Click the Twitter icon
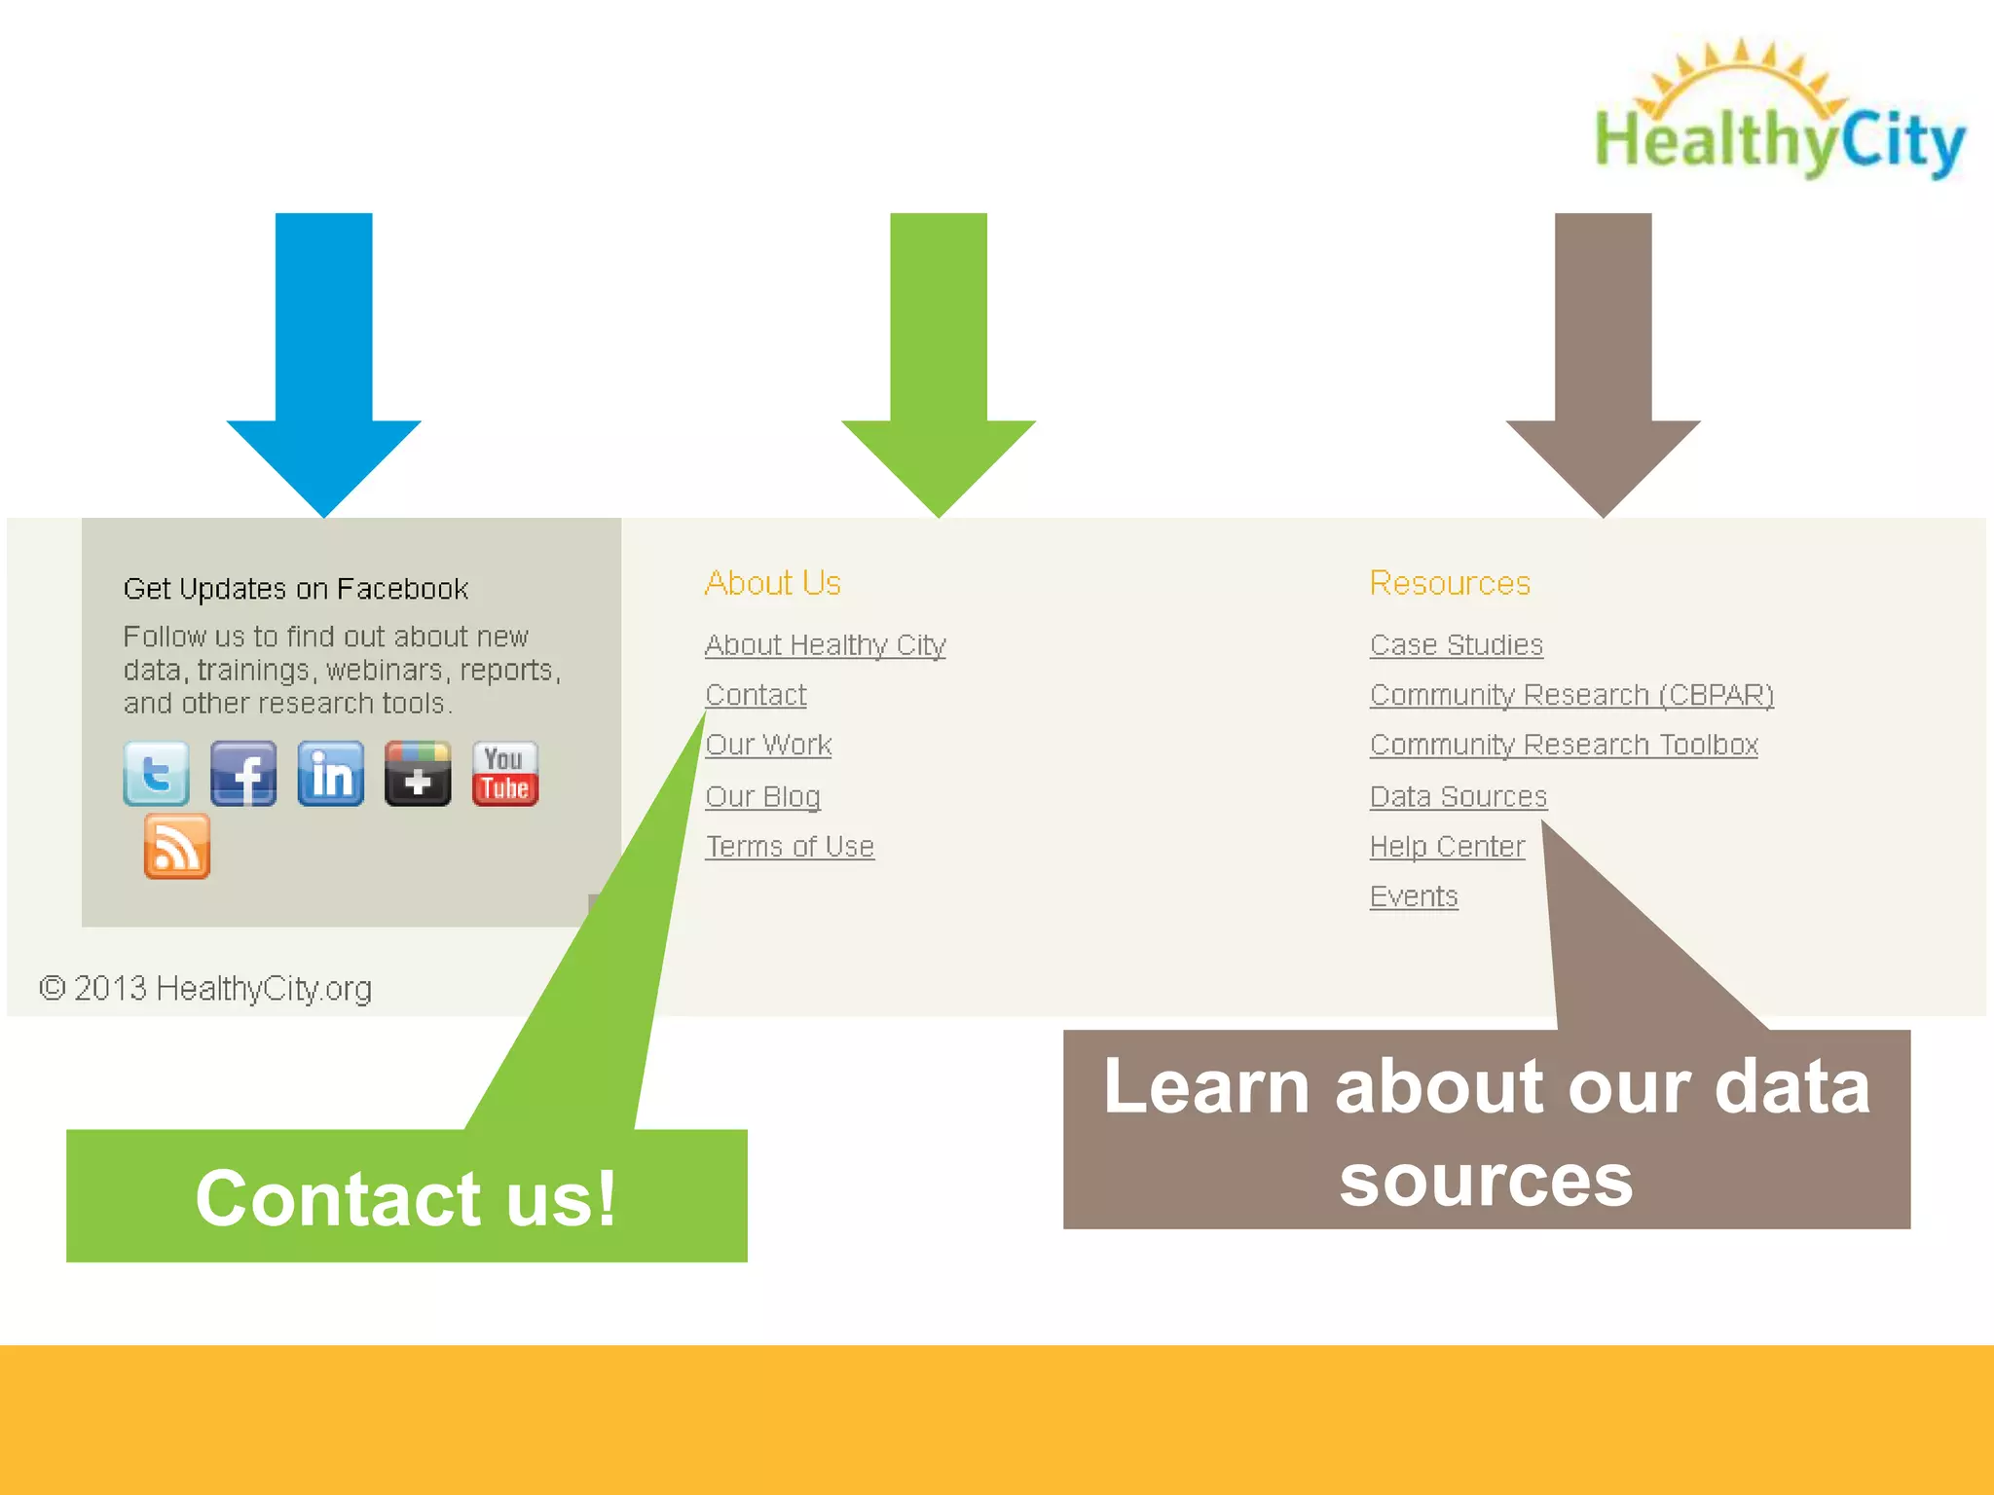point(156,774)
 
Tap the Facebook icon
point(243,774)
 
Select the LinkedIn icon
point(331,774)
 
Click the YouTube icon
point(505,774)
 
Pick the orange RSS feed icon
point(177,847)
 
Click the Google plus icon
point(418,774)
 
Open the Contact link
point(756,695)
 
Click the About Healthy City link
point(825,645)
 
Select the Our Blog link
point(762,796)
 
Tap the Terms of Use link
point(790,847)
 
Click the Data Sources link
point(1458,796)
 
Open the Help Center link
point(1447,847)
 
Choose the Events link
point(1414,896)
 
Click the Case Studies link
point(1456,645)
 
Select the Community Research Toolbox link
point(1564,745)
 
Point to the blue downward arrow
point(323,360)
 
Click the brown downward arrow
point(1603,360)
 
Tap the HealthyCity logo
point(1778,112)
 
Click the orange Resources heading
point(1450,583)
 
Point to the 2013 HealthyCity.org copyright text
point(205,989)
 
